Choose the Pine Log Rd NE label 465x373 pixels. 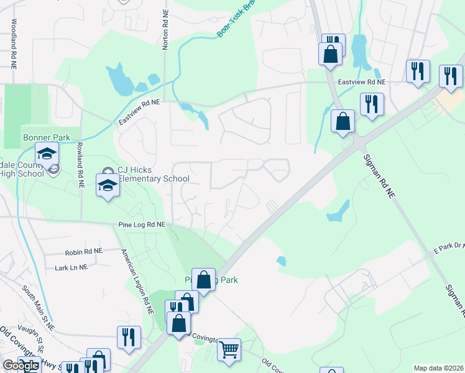point(141,224)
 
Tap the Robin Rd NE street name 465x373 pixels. point(84,253)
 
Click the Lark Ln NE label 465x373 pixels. point(71,267)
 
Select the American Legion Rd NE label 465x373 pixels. point(138,277)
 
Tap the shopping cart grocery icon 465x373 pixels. point(229,349)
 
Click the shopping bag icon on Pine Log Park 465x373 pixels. point(203,280)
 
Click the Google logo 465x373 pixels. point(21,366)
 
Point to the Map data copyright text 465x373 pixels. point(438,368)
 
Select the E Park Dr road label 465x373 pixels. point(448,247)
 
